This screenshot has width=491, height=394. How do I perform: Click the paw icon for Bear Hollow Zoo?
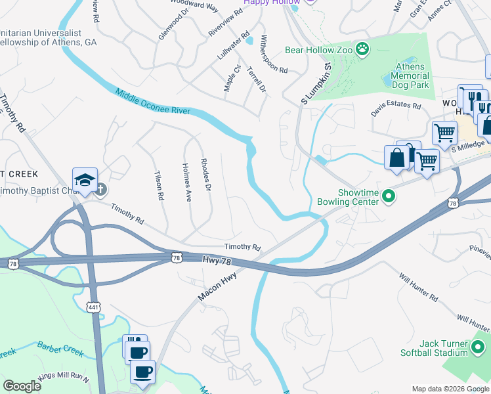click(x=362, y=49)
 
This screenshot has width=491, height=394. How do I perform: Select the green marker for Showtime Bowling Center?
click(x=389, y=196)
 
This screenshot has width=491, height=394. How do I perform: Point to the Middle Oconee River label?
click(x=152, y=102)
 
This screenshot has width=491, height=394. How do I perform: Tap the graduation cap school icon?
click(x=85, y=180)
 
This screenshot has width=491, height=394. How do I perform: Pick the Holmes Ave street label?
click(x=187, y=182)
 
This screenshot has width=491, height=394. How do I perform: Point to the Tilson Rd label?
click(x=158, y=186)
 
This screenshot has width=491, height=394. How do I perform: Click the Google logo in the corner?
click(x=22, y=386)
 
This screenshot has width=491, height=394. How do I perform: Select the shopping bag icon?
click(x=397, y=158)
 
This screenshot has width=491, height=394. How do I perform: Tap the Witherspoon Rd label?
click(x=274, y=54)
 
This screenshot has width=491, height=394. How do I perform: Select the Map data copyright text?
click(x=450, y=389)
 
